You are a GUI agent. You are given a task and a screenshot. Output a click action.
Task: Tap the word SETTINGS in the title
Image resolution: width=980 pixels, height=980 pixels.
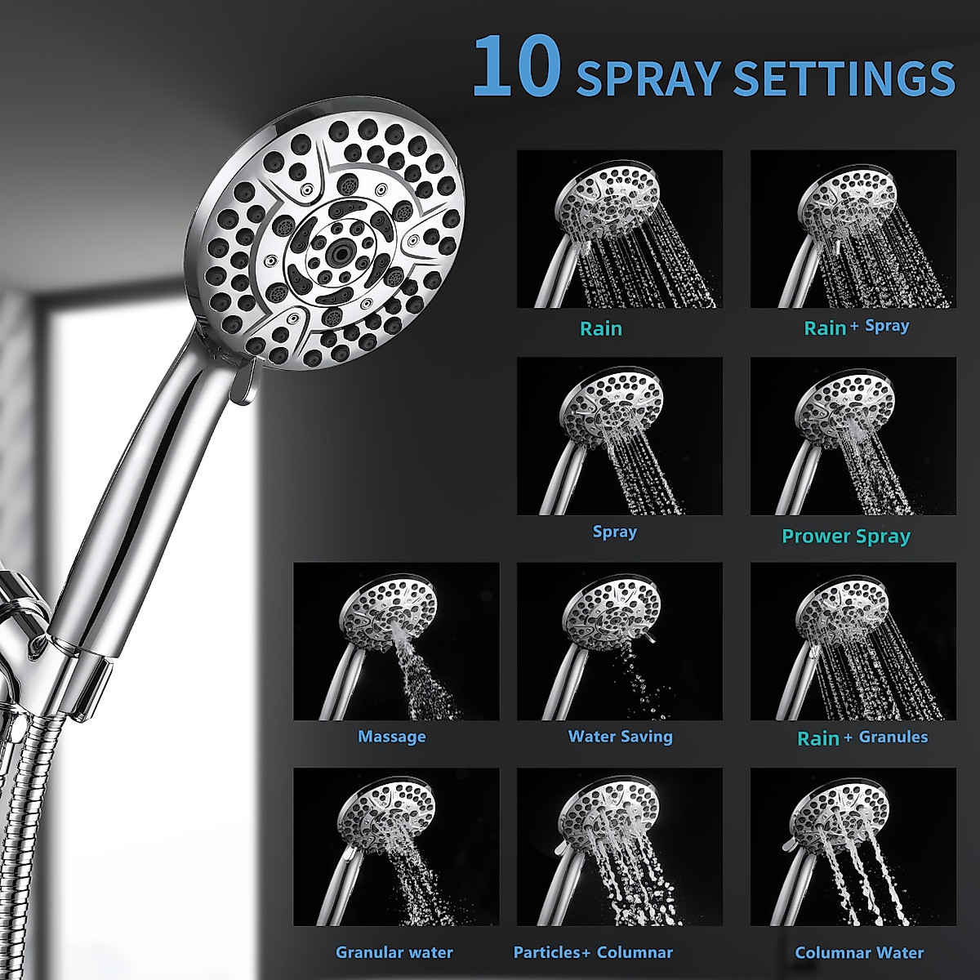[x=844, y=78]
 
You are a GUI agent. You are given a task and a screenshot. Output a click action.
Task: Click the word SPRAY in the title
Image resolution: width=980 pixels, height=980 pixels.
[x=648, y=78]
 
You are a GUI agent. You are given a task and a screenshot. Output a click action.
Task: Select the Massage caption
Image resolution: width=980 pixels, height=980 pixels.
[x=392, y=737]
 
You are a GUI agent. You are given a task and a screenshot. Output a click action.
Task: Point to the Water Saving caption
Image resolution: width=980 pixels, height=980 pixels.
[x=620, y=737]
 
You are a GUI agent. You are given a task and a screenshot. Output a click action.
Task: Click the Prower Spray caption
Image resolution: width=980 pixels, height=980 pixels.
[x=846, y=537]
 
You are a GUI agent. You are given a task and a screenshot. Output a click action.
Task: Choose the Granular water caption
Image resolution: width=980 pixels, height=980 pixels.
[x=394, y=952]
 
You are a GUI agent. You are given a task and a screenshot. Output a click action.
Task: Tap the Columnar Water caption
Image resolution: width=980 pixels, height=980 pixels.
[x=859, y=952]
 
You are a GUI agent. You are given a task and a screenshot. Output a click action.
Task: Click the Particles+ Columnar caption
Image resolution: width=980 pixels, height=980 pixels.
[x=593, y=952]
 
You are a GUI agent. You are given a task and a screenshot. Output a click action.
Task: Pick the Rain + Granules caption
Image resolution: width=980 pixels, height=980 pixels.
[x=862, y=737]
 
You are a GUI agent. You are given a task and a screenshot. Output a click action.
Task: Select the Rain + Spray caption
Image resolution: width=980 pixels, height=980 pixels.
[x=856, y=327]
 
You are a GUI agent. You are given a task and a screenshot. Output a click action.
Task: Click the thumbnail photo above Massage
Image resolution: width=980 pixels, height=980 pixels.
[x=396, y=641]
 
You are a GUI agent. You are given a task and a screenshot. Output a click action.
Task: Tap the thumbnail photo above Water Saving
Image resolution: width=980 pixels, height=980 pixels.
[x=620, y=641]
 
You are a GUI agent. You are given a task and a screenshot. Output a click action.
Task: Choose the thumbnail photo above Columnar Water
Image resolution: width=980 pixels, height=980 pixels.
[x=853, y=847]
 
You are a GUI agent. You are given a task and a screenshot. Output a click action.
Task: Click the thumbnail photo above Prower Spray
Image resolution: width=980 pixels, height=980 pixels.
[x=853, y=435]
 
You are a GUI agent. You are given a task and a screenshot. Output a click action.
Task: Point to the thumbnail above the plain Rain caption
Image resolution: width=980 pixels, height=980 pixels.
[x=620, y=229]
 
